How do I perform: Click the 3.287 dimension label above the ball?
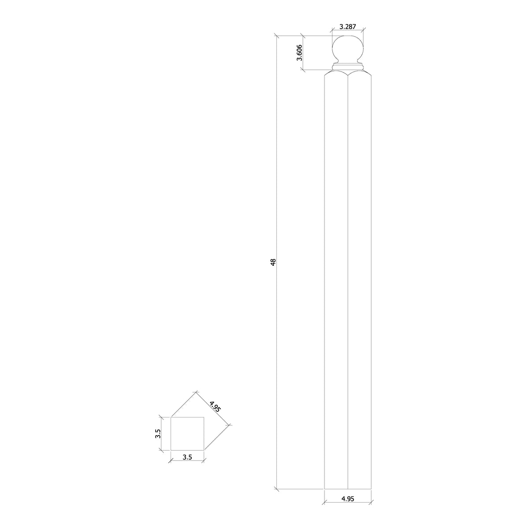(347, 26)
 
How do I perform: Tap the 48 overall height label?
(273, 262)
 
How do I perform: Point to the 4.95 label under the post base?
(348, 499)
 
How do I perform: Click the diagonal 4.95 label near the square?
(215, 406)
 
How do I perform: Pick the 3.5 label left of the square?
(158, 434)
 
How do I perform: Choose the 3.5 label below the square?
(187, 457)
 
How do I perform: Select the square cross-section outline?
(187, 434)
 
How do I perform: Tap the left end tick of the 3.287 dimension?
(332, 31)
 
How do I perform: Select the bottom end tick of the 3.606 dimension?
(302, 69)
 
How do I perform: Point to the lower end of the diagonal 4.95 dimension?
(230, 425)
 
